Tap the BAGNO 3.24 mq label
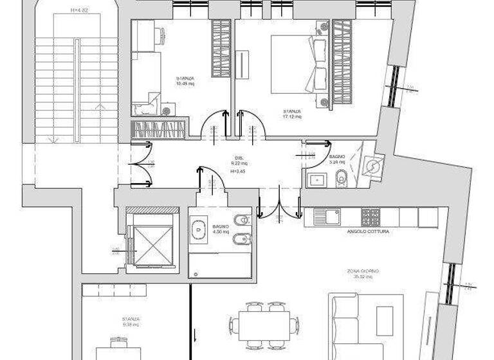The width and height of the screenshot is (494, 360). pyautogui.click(x=337, y=159)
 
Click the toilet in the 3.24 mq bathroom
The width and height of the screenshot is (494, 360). pyautogui.click(x=342, y=179)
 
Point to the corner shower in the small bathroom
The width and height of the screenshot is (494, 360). pyautogui.click(x=371, y=165)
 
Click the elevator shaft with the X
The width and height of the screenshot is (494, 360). pyautogui.click(x=151, y=240)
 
